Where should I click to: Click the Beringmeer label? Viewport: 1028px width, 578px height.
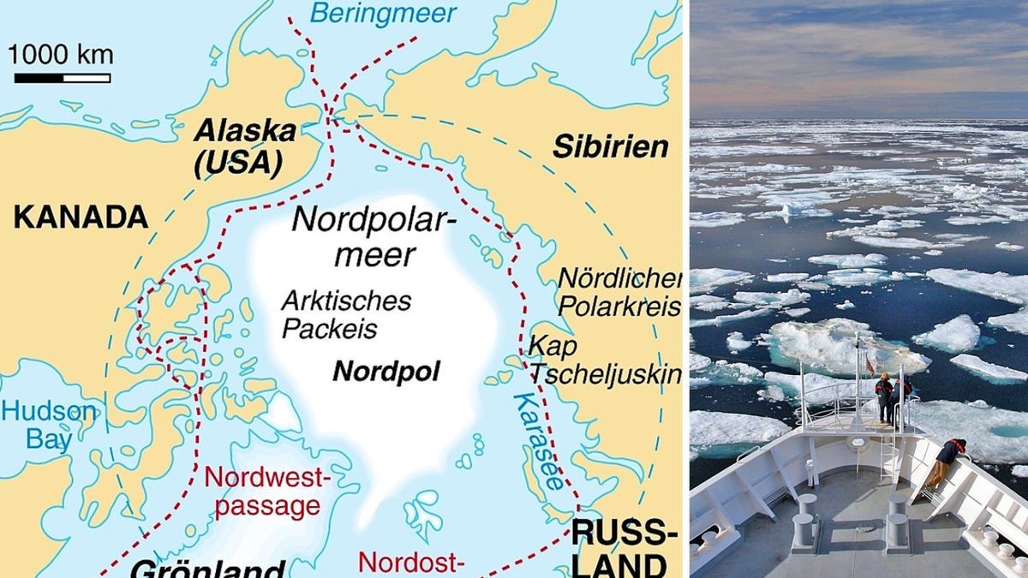(383, 14)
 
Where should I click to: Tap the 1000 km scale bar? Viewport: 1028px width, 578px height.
(62, 78)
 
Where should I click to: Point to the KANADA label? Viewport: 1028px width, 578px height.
(81, 217)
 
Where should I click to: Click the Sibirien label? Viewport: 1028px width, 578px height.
(610, 146)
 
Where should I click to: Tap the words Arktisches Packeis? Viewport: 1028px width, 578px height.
(346, 314)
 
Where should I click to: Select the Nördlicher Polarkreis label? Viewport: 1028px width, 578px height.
(619, 293)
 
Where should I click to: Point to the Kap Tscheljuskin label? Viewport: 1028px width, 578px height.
(604, 361)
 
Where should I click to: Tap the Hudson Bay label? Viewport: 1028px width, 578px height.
(49, 426)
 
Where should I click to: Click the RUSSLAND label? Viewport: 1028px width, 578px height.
(619, 551)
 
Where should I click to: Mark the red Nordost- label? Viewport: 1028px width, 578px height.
(411, 563)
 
